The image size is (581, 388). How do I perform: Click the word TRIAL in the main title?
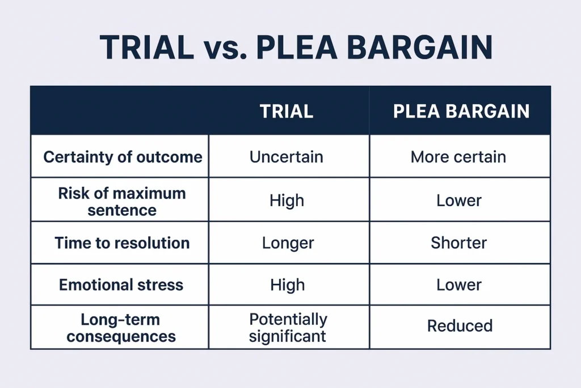click(x=147, y=48)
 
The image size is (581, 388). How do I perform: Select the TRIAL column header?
click(x=287, y=111)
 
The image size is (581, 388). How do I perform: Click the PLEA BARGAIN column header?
click(x=461, y=111)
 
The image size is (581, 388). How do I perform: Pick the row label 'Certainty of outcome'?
click(x=123, y=157)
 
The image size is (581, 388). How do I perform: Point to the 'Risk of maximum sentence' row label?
click(x=121, y=201)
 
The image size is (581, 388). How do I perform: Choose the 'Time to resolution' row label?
click(x=122, y=243)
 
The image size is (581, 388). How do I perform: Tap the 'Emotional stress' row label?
click(x=121, y=285)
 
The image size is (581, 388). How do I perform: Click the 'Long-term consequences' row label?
click(x=121, y=327)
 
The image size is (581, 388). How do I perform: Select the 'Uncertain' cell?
click(x=287, y=157)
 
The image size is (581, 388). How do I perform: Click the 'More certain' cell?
click(x=458, y=157)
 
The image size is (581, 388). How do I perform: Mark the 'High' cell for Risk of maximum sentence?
click(x=287, y=201)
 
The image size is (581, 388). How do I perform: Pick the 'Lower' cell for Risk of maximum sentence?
click(x=459, y=201)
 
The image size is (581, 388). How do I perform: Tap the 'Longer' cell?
click(x=288, y=243)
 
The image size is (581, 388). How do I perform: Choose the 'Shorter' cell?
click(x=458, y=243)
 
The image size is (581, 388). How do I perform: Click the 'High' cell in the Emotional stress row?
click(x=287, y=285)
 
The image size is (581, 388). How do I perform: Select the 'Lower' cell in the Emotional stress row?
click(x=459, y=285)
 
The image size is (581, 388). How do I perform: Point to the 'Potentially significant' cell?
click(x=288, y=327)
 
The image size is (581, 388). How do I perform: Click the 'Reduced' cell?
click(x=460, y=326)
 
